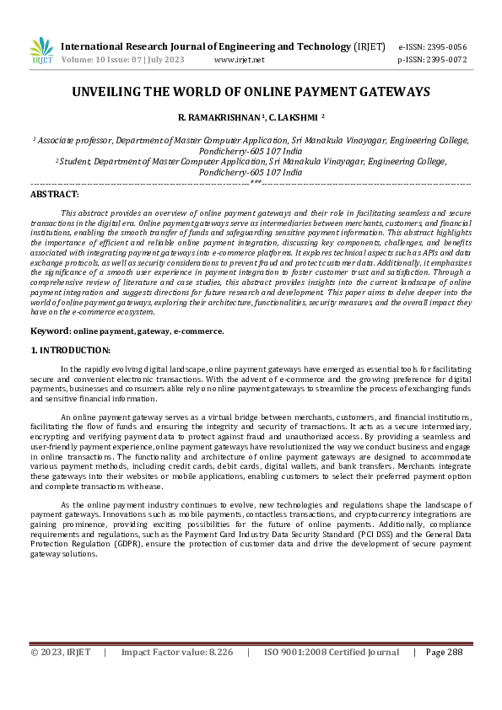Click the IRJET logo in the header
point(40,51)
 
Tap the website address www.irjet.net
point(240,61)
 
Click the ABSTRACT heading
point(54,194)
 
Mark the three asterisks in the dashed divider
point(255,183)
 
